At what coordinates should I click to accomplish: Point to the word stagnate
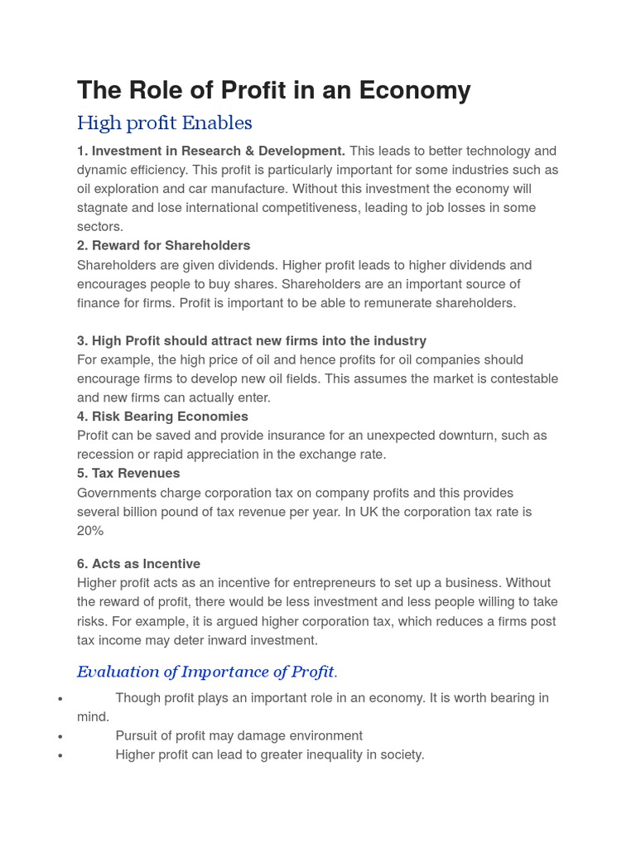point(104,208)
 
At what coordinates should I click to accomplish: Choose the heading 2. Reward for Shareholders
point(163,245)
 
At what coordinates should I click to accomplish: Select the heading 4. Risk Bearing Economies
point(162,416)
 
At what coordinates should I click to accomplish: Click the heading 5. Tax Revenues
point(128,473)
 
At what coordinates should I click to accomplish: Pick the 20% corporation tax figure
point(90,531)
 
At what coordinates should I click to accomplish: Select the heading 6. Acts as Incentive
point(138,564)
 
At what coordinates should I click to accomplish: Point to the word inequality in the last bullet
point(325,754)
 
